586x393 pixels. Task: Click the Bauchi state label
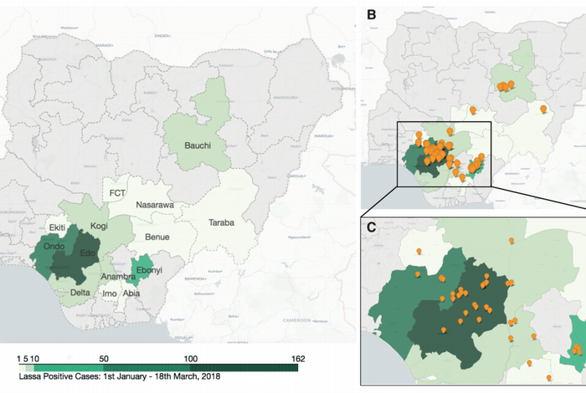(x=193, y=145)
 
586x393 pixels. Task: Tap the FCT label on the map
(x=118, y=193)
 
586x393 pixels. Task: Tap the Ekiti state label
(x=58, y=227)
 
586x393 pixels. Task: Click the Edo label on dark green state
(x=87, y=253)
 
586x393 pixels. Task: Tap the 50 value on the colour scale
(x=104, y=357)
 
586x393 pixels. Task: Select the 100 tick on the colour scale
(x=192, y=357)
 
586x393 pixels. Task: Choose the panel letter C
(x=370, y=225)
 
